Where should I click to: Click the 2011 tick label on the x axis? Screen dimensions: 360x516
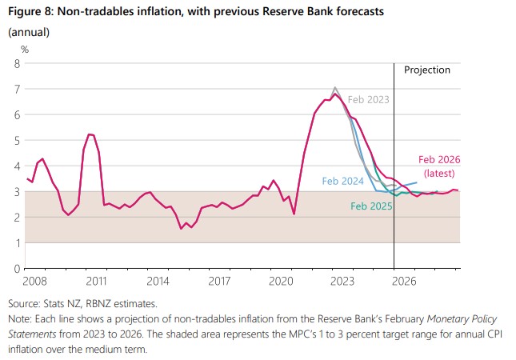pos(96,281)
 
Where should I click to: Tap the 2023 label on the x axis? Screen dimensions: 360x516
pos(342,281)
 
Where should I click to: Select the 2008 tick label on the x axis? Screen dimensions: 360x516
pos(34,281)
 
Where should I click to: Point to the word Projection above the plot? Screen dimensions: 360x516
pos(426,70)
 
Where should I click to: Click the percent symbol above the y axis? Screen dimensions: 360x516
pos(25,49)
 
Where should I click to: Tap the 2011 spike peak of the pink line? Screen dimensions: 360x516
pos(90,134)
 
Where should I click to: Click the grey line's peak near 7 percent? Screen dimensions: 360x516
pos(334,87)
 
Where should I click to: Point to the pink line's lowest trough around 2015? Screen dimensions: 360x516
pos(182,228)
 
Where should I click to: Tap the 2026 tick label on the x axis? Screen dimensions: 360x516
pos(404,281)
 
